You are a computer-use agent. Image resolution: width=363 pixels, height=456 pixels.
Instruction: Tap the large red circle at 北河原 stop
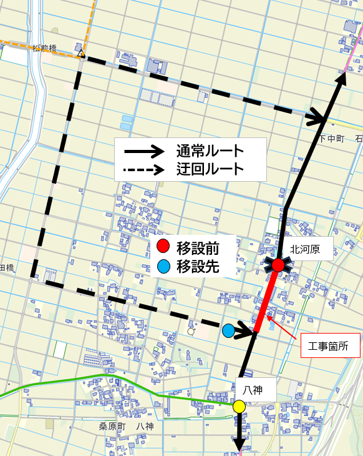click(279, 265)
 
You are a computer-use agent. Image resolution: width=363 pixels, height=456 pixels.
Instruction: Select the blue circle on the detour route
click(229, 330)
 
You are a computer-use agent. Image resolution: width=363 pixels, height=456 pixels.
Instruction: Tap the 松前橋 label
click(45, 47)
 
